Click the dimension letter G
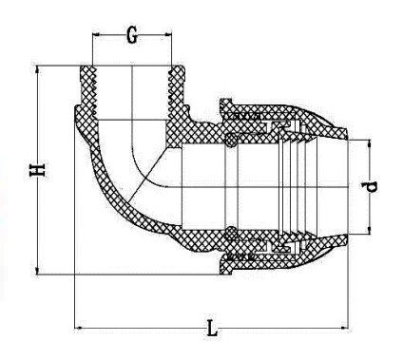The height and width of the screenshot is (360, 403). (132, 35)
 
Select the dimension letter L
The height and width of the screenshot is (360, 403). (212, 328)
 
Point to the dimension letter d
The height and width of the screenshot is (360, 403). (370, 187)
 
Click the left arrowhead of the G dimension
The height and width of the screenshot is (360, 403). (96, 34)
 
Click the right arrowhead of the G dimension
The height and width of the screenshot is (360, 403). (168, 34)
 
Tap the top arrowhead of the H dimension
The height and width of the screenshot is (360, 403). (38, 69)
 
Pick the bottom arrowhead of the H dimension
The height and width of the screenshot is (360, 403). (38, 271)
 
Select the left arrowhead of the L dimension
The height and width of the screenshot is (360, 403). (78, 328)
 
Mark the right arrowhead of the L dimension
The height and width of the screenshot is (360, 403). (344, 328)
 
